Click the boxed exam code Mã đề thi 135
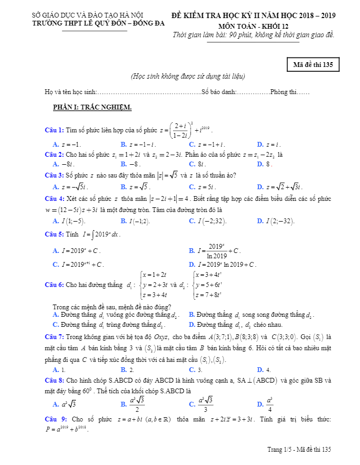pos(313,65)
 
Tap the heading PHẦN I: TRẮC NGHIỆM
pos(92,107)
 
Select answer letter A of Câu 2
pos(55,164)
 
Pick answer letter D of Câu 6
pos(191,325)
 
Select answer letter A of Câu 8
pos(56,404)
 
